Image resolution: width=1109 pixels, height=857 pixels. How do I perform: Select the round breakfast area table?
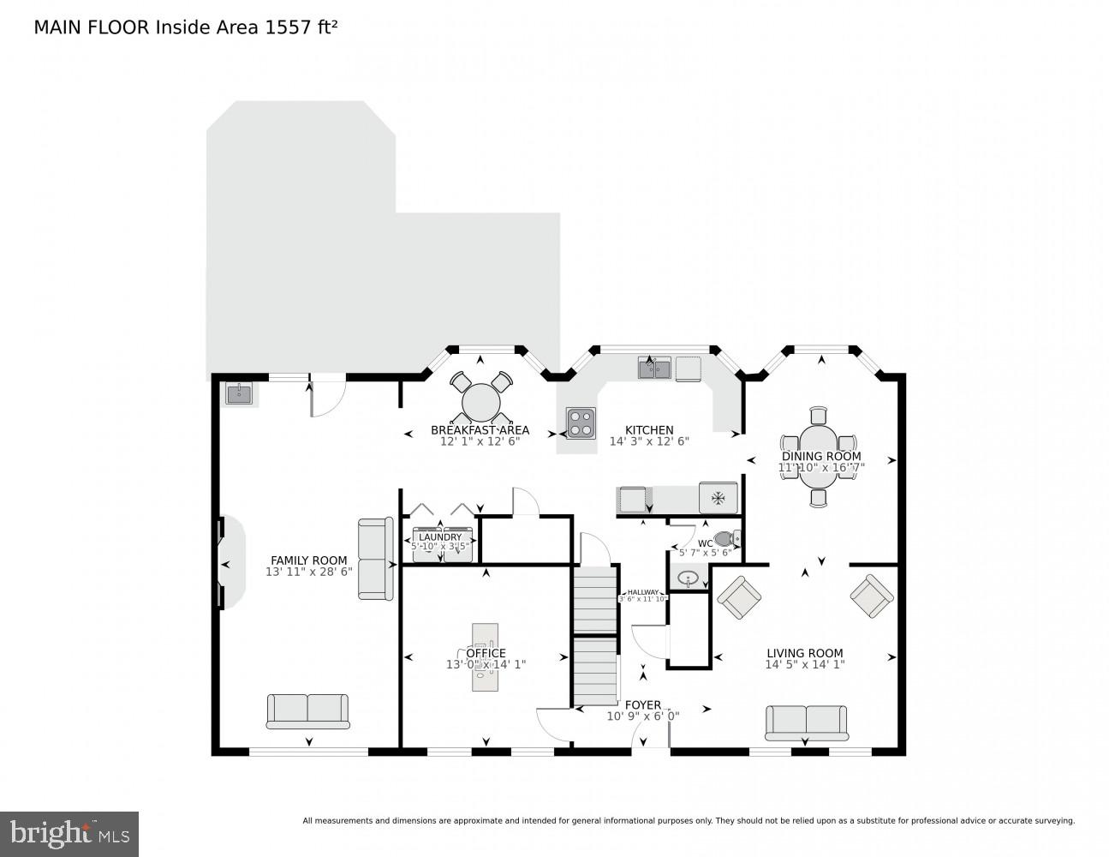pyautogui.click(x=481, y=401)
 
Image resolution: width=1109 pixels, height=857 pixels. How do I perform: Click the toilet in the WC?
pyautogui.click(x=725, y=539)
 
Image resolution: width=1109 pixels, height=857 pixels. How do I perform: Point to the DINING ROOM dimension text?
pyautogui.click(x=821, y=468)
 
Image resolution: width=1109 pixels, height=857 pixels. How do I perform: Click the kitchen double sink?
pyautogui.click(x=654, y=369)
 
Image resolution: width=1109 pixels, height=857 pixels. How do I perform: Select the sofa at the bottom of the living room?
pyautogui.click(x=806, y=722)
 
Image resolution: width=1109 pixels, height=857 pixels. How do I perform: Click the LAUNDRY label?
pyautogui.click(x=440, y=537)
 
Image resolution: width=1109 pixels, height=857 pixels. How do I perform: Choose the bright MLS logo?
pyautogui.click(x=69, y=834)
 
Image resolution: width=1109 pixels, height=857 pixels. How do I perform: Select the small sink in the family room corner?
pyautogui.click(x=239, y=394)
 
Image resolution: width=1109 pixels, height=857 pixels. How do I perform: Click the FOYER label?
pyautogui.click(x=642, y=705)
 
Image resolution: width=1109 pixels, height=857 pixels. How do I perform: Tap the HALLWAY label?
pyautogui.click(x=643, y=592)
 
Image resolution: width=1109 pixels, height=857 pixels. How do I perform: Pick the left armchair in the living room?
pyautogui.click(x=738, y=596)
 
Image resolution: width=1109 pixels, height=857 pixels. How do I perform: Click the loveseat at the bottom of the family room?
pyautogui.click(x=307, y=710)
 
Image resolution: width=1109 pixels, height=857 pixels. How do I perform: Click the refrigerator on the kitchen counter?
pyautogui.click(x=718, y=497)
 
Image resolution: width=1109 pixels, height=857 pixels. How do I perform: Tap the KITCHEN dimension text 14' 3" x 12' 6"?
pyautogui.click(x=649, y=441)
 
